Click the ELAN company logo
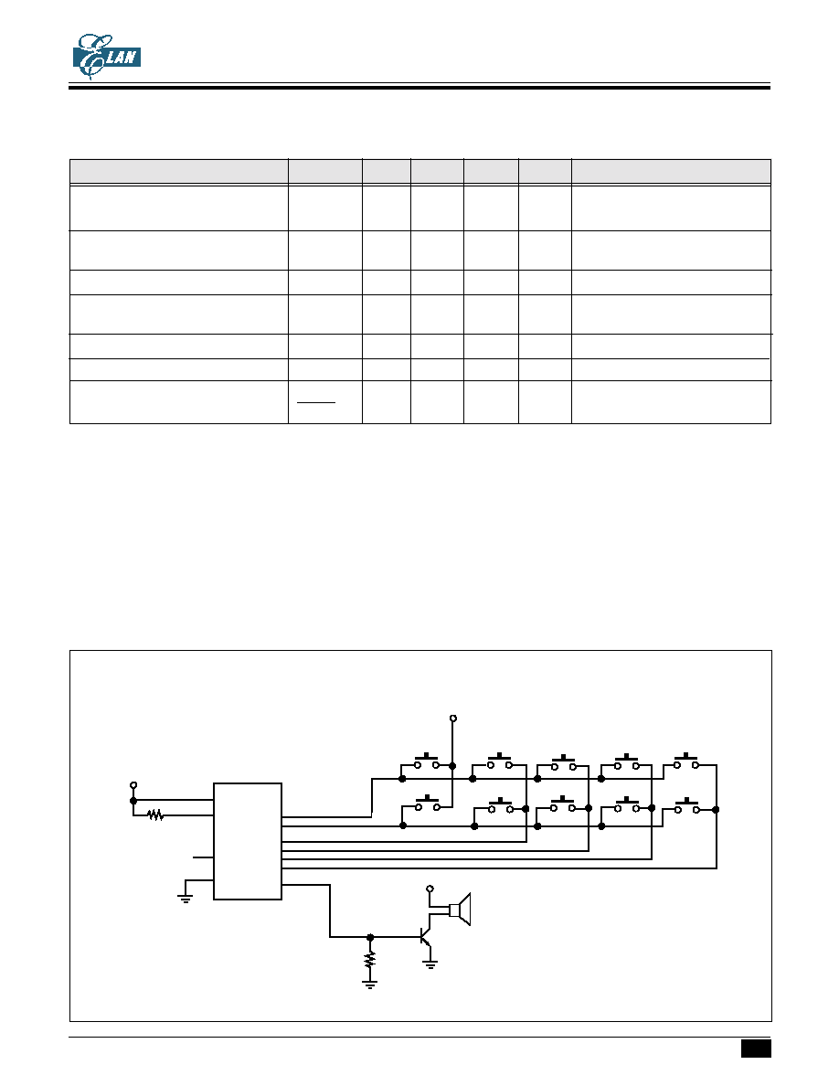point(107,56)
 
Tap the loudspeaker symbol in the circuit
point(460,910)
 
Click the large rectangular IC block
point(247,841)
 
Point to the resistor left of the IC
point(155,816)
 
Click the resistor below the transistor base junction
point(370,959)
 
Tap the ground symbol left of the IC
point(185,899)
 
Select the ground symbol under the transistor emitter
point(430,964)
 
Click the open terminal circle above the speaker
point(430,888)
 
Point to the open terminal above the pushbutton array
point(453,719)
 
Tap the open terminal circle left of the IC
point(133,785)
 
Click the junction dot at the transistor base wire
point(370,937)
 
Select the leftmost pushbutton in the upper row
point(427,761)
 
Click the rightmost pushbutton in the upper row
point(686,761)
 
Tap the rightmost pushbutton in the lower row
point(686,804)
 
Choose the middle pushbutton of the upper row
point(564,762)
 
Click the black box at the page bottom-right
point(756,1049)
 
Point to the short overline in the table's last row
point(316,402)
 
